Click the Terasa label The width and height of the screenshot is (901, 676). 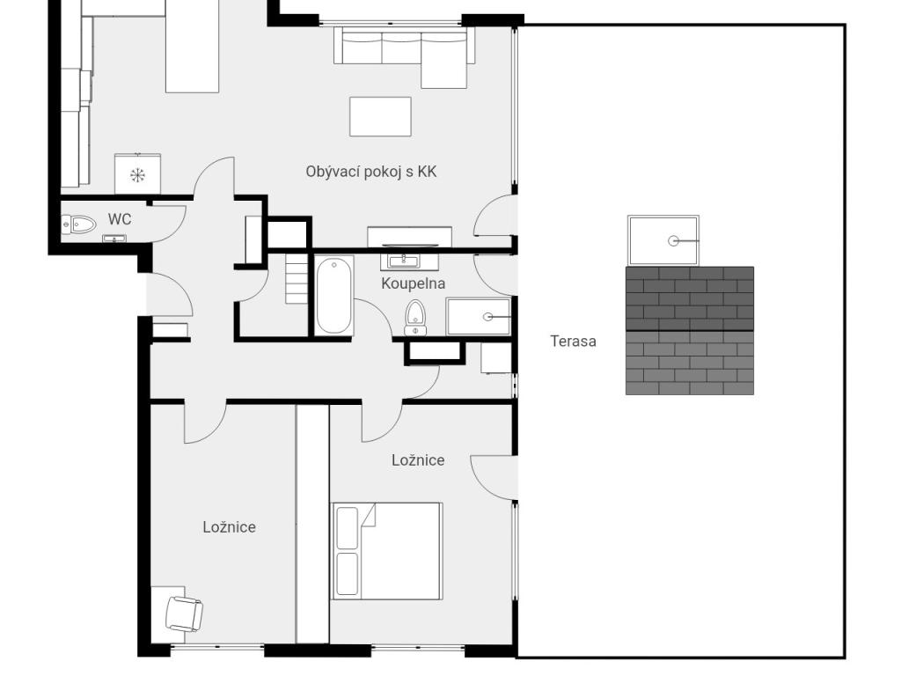573,341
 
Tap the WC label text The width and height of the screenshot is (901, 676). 120,219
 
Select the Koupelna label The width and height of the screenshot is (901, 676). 414,283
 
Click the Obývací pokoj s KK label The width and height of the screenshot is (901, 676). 371,172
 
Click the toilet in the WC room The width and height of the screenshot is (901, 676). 78,224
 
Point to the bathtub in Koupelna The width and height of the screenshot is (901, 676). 333,295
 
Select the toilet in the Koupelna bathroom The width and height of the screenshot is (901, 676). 415,317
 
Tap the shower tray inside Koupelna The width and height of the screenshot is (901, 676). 478,316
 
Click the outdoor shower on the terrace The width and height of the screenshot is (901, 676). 663,241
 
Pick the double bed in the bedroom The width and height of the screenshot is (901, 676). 386,551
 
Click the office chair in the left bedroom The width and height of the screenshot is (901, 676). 184,614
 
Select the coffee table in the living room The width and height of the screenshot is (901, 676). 380,117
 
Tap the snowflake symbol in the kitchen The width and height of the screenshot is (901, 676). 137,175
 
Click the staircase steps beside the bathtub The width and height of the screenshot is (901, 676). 297,279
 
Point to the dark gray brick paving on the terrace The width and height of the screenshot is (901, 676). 690,298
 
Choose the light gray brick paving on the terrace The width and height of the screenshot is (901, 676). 690,363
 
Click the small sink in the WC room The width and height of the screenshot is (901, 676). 114,239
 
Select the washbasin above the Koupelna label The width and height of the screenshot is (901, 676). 403,261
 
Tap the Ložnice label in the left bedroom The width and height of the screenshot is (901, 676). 230,527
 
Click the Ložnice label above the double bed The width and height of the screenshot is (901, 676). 418,459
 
